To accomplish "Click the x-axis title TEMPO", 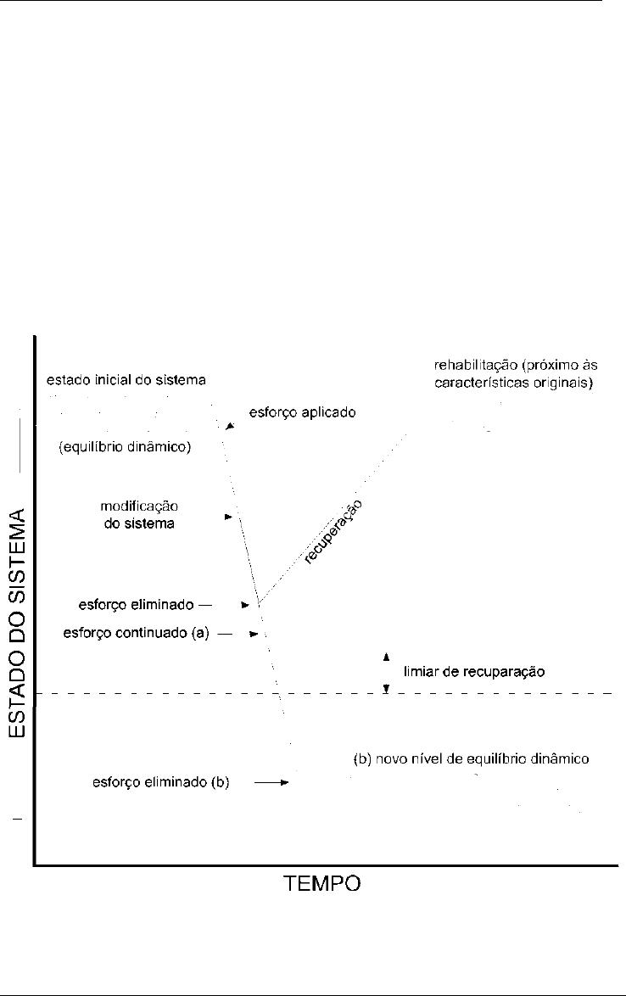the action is (x=321, y=883).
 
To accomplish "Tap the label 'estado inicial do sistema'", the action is (x=126, y=380).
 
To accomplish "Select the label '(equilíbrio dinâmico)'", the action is (x=125, y=446).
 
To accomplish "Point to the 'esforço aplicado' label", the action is (x=302, y=413).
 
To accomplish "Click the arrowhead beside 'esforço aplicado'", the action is (x=230, y=426).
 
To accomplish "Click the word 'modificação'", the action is (x=139, y=506).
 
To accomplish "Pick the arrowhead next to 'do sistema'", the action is (x=228, y=517).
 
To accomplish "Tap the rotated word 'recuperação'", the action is (x=333, y=532).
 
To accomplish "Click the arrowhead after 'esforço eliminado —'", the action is (x=245, y=606).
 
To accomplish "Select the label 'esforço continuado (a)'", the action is (x=136, y=633).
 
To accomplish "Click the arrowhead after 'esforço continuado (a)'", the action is (x=254, y=634).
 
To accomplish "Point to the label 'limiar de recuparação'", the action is (x=474, y=671).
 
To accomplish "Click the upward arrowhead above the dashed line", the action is (x=385, y=657).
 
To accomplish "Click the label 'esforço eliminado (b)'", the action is (x=160, y=782).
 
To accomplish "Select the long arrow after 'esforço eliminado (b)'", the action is (x=271, y=782).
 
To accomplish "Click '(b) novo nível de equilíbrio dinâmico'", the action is (x=471, y=759).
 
